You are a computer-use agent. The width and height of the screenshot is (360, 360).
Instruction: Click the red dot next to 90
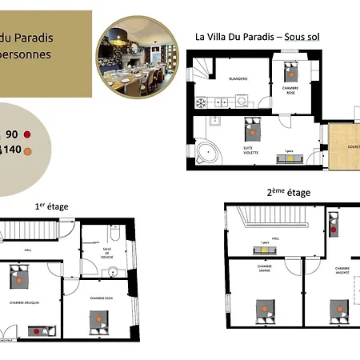coord(26,134)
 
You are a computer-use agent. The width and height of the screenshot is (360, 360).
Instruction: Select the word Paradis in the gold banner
coord(28,38)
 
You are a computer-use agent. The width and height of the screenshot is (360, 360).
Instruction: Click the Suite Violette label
coord(254,150)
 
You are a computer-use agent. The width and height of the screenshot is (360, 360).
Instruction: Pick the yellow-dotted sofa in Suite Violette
coord(286,158)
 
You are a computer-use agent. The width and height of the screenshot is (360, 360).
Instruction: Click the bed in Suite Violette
coord(254,126)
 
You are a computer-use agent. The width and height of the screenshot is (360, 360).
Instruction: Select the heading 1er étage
coord(51,206)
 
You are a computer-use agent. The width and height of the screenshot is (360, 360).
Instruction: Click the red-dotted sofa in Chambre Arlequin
coord(37,330)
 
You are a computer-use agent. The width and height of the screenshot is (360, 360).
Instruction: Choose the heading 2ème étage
coord(288,193)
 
